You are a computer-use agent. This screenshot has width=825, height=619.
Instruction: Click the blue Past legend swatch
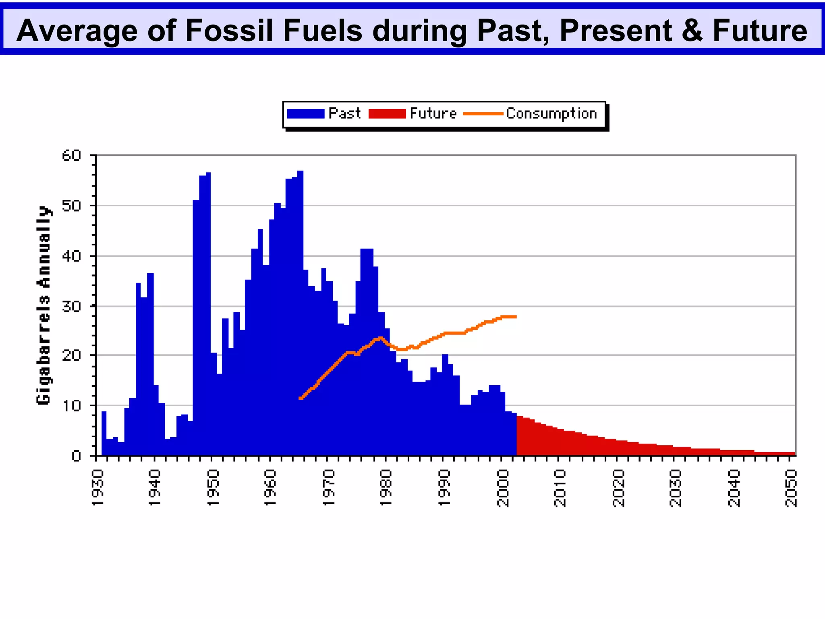point(305,114)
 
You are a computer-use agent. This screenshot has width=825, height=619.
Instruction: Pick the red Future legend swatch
point(387,114)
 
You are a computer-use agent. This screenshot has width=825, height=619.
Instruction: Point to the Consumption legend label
point(551,114)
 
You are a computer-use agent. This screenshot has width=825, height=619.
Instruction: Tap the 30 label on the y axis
point(71,306)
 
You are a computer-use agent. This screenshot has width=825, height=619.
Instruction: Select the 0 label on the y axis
point(76,456)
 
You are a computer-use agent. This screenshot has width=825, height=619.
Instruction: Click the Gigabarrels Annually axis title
point(44,305)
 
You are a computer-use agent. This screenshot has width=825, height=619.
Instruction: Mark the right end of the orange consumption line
point(515,317)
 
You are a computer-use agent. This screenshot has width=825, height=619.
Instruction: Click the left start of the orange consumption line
point(301,398)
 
